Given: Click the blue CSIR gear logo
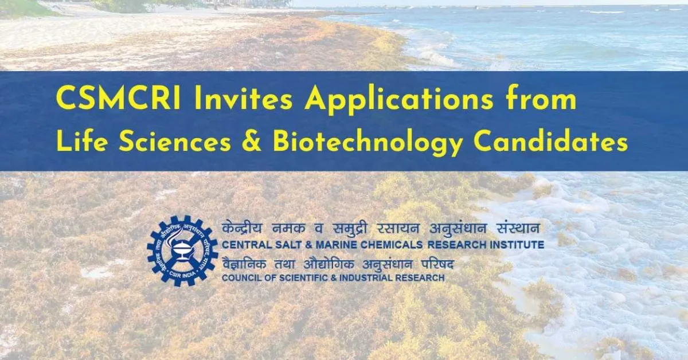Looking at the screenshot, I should (182, 251).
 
